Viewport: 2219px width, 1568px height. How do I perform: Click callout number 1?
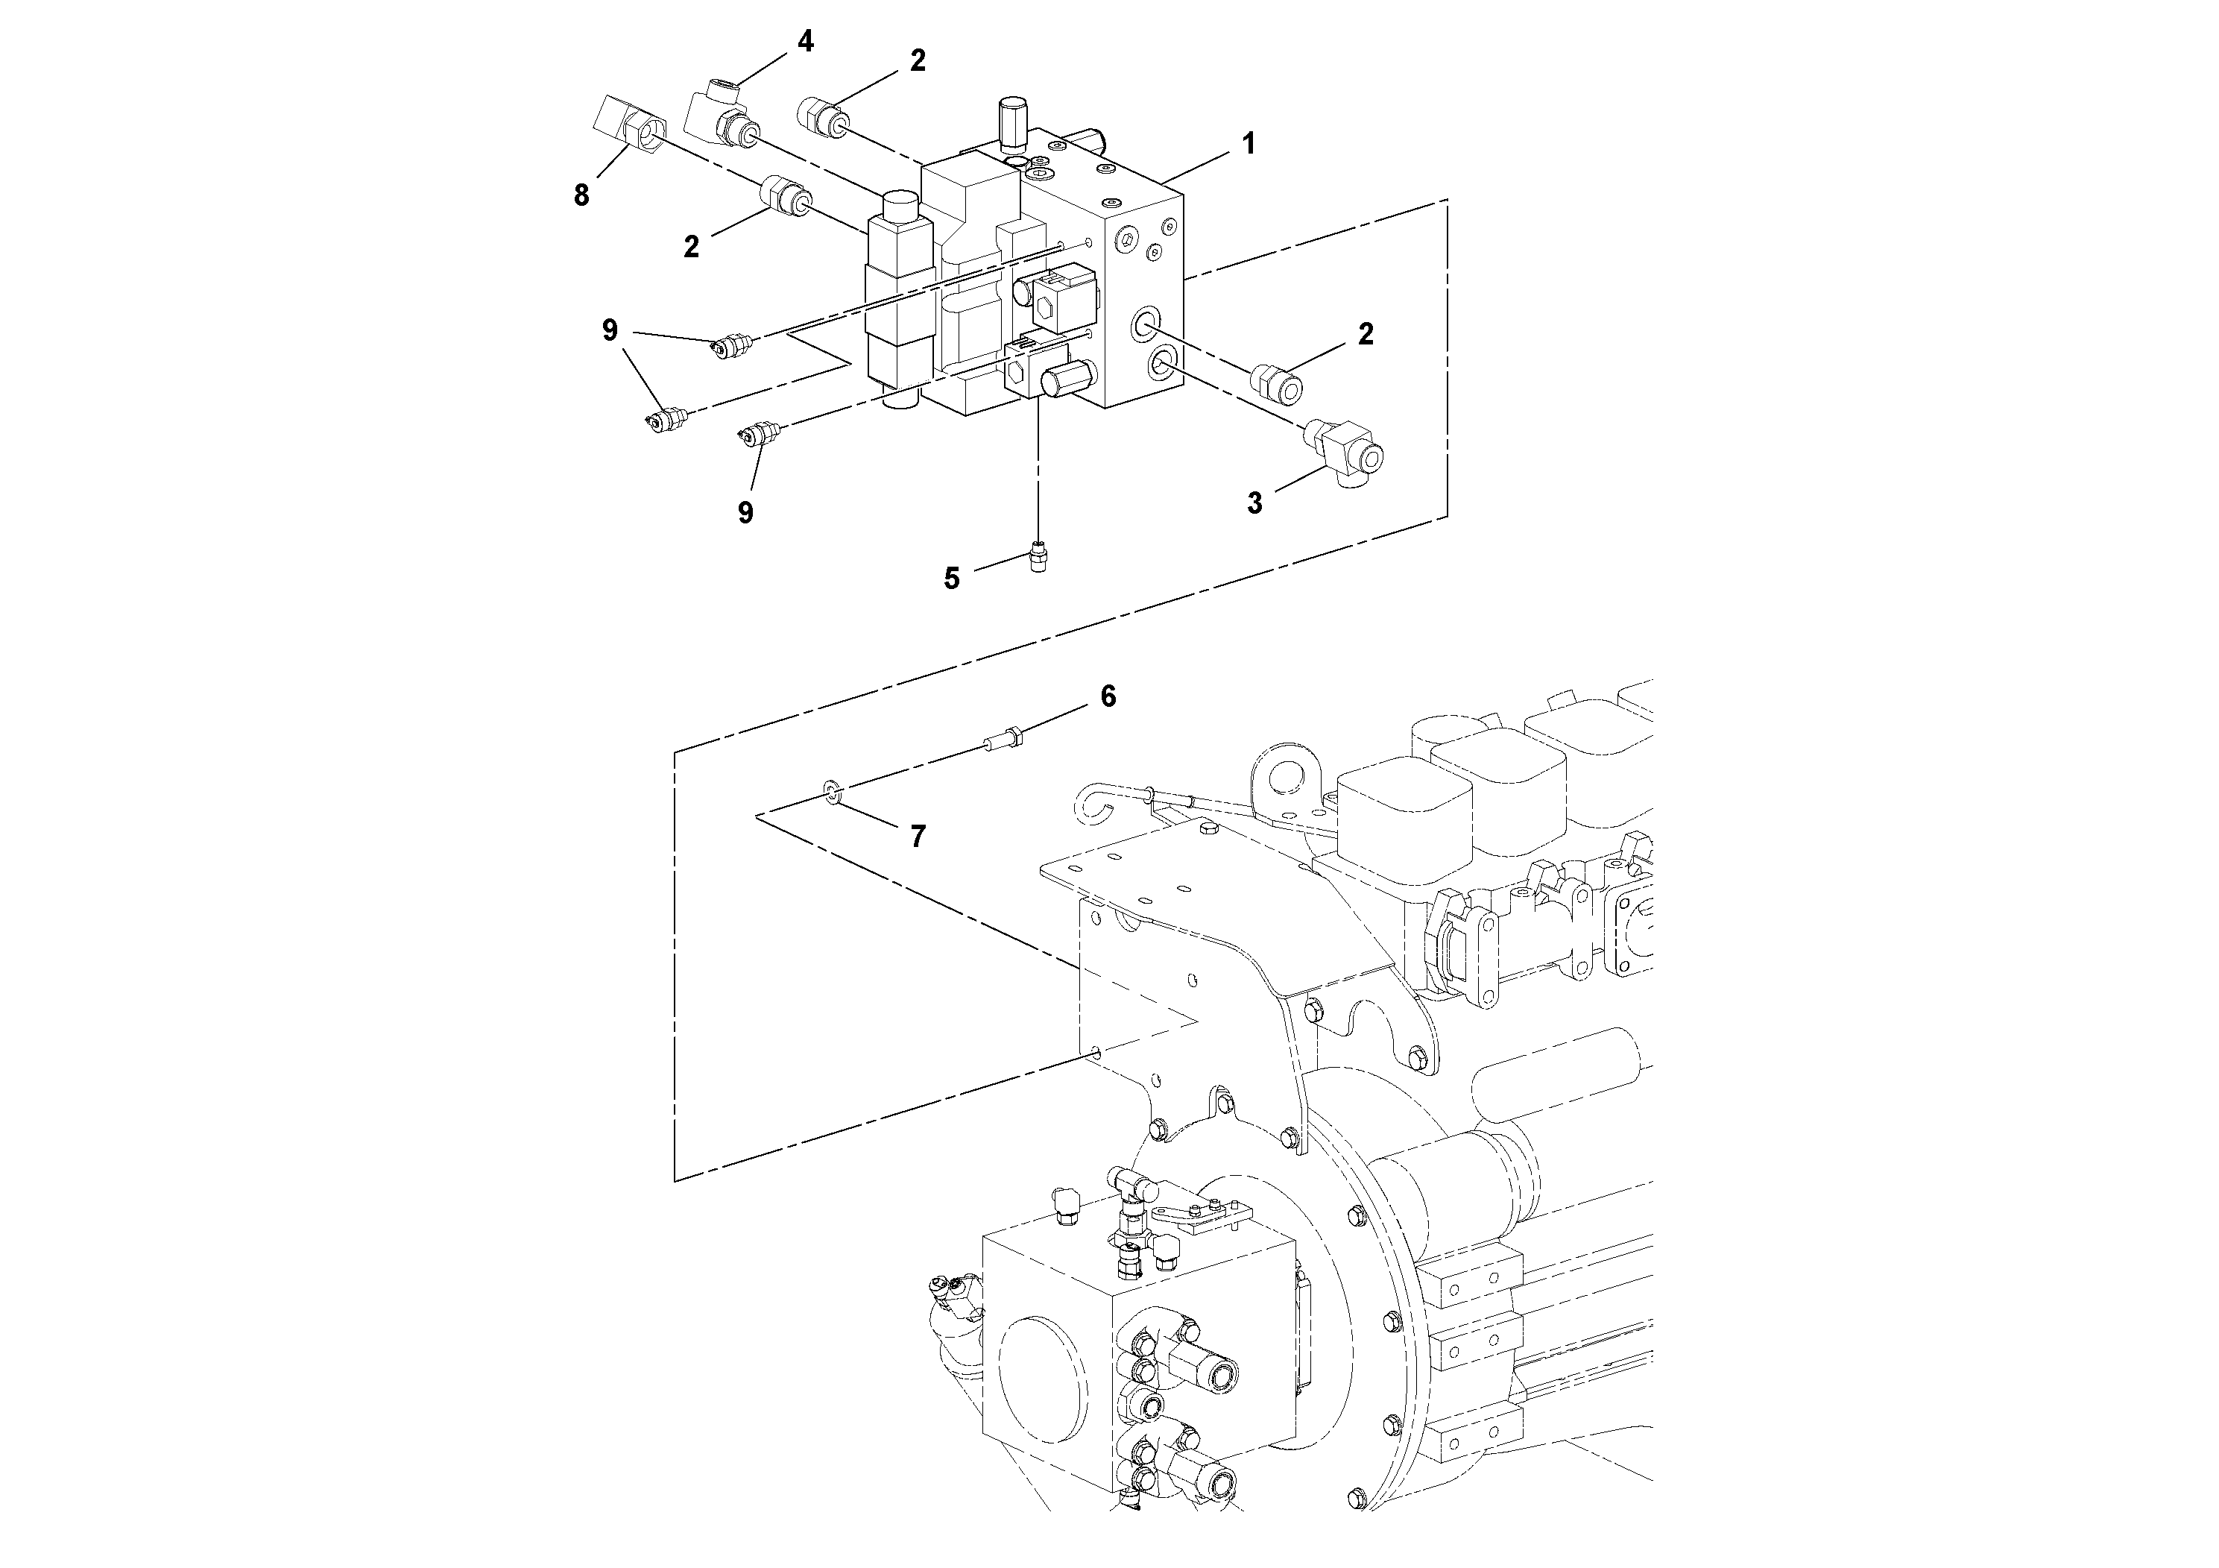[1248, 145]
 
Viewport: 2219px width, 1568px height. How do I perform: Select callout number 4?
[805, 42]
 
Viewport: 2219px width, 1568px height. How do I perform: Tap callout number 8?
[581, 196]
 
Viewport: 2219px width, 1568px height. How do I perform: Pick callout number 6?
[1108, 696]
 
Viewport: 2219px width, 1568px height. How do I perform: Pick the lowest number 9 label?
[745, 512]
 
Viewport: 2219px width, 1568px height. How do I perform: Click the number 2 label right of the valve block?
[1366, 335]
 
